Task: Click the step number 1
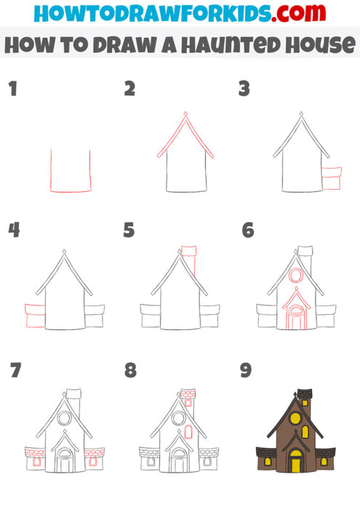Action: click(x=12, y=89)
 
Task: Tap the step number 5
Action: click(x=129, y=231)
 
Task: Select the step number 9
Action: click(x=246, y=371)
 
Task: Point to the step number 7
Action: click(x=14, y=371)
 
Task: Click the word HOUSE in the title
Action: click(x=316, y=45)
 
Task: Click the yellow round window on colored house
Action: click(x=295, y=418)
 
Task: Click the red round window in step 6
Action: click(x=295, y=276)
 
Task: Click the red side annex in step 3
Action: click(x=332, y=179)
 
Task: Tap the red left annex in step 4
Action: click(x=34, y=316)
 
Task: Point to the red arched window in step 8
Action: click(x=188, y=432)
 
